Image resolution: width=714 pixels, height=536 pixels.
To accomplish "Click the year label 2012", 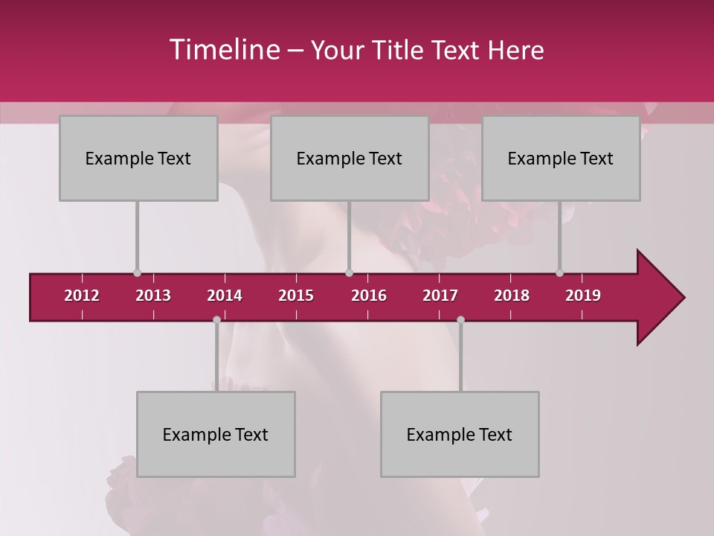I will tap(82, 296).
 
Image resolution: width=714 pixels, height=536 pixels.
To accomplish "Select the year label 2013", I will tap(153, 296).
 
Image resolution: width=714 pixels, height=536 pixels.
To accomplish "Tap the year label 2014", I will tap(225, 296).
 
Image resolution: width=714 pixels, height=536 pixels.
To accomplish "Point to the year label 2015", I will tap(296, 296).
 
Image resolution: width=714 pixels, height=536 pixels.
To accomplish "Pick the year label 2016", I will tap(369, 296).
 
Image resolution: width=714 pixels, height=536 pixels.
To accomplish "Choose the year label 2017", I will tap(440, 296).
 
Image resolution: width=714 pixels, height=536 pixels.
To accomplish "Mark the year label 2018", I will tap(512, 296).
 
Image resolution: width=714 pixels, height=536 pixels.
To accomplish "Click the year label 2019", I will tap(583, 296).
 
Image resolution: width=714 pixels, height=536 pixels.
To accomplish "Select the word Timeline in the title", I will tap(223, 50).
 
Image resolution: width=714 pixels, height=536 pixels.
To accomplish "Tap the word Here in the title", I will tap(515, 51).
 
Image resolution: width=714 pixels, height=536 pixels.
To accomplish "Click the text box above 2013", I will tap(138, 159).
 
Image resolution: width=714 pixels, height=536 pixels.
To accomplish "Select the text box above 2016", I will tap(350, 159).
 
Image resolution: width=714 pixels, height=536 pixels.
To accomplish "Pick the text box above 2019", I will tap(561, 159).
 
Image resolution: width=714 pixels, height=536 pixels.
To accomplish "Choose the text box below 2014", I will tap(216, 435).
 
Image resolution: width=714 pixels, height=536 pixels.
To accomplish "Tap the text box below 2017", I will tap(460, 435).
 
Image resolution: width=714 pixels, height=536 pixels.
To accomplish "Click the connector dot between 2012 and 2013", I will tap(137, 272).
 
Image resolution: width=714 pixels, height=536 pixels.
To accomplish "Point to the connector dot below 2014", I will tap(216, 319).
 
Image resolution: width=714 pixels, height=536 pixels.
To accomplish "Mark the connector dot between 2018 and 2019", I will tap(559, 272).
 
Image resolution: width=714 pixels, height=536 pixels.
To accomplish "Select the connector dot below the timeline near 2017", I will tap(460, 319).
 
